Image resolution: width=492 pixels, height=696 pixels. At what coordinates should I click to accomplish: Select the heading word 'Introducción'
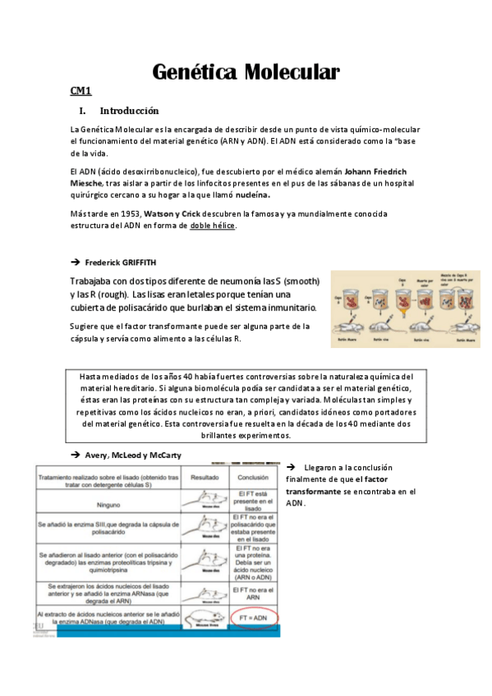(129, 111)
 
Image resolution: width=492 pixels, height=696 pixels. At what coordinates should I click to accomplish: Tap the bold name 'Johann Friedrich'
(378, 171)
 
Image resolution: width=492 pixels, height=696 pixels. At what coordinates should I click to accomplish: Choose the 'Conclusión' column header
(254, 475)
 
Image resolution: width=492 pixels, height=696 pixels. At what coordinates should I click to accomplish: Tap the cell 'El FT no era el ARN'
(254, 590)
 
